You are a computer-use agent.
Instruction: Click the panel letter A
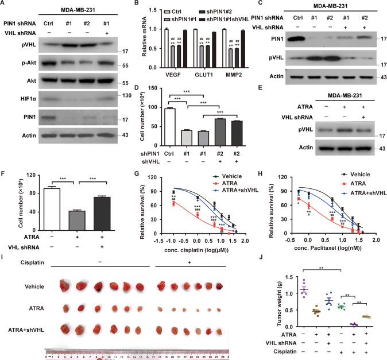click(x=5, y=4)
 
